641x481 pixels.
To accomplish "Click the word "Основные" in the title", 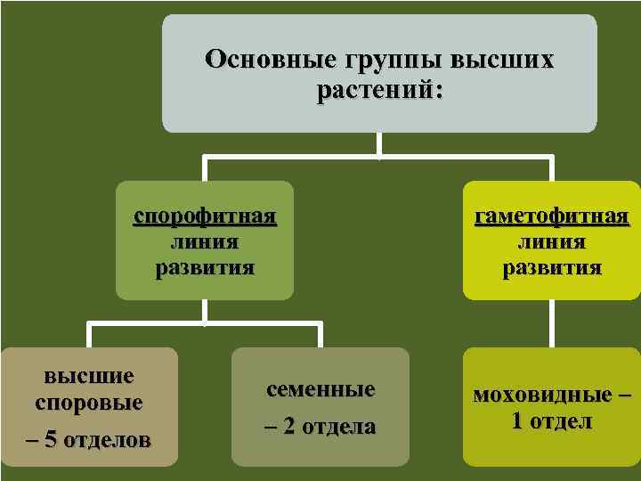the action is click(259, 61).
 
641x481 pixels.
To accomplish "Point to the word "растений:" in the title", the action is click(379, 91).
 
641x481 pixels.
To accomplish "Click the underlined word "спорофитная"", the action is click(205, 216).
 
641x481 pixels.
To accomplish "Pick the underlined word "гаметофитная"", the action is click(552, 216).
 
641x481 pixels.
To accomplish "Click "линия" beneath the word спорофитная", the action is click(204, 241).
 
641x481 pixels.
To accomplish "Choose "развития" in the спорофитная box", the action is click(204, 267).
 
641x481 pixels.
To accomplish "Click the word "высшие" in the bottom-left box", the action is click(89, 376).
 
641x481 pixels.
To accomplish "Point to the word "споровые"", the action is click(89, 402).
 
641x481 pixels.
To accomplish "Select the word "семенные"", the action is click(320, 389).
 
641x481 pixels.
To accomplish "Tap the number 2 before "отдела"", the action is click(288, 427).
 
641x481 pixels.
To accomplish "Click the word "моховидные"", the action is click(542, 395).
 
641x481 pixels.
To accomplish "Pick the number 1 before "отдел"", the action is click(517, 421).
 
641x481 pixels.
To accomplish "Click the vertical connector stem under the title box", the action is click(380, 145).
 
